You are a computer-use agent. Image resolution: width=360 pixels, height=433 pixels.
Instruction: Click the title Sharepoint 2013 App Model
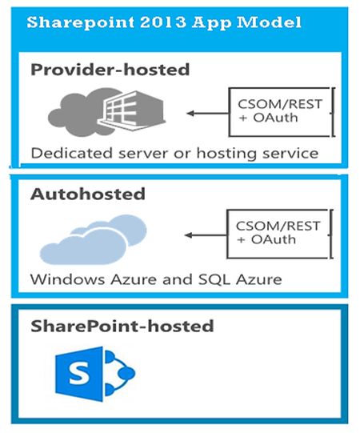pos(164,23)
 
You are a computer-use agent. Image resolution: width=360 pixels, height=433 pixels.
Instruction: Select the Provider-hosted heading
pos(110,70)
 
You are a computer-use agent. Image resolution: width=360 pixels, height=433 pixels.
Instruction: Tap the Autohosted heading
pos(88,194)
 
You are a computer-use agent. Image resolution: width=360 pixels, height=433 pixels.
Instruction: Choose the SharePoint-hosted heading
pos(122,326)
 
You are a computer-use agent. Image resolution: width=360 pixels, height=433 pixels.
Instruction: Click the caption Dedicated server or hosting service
pos(174,152)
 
